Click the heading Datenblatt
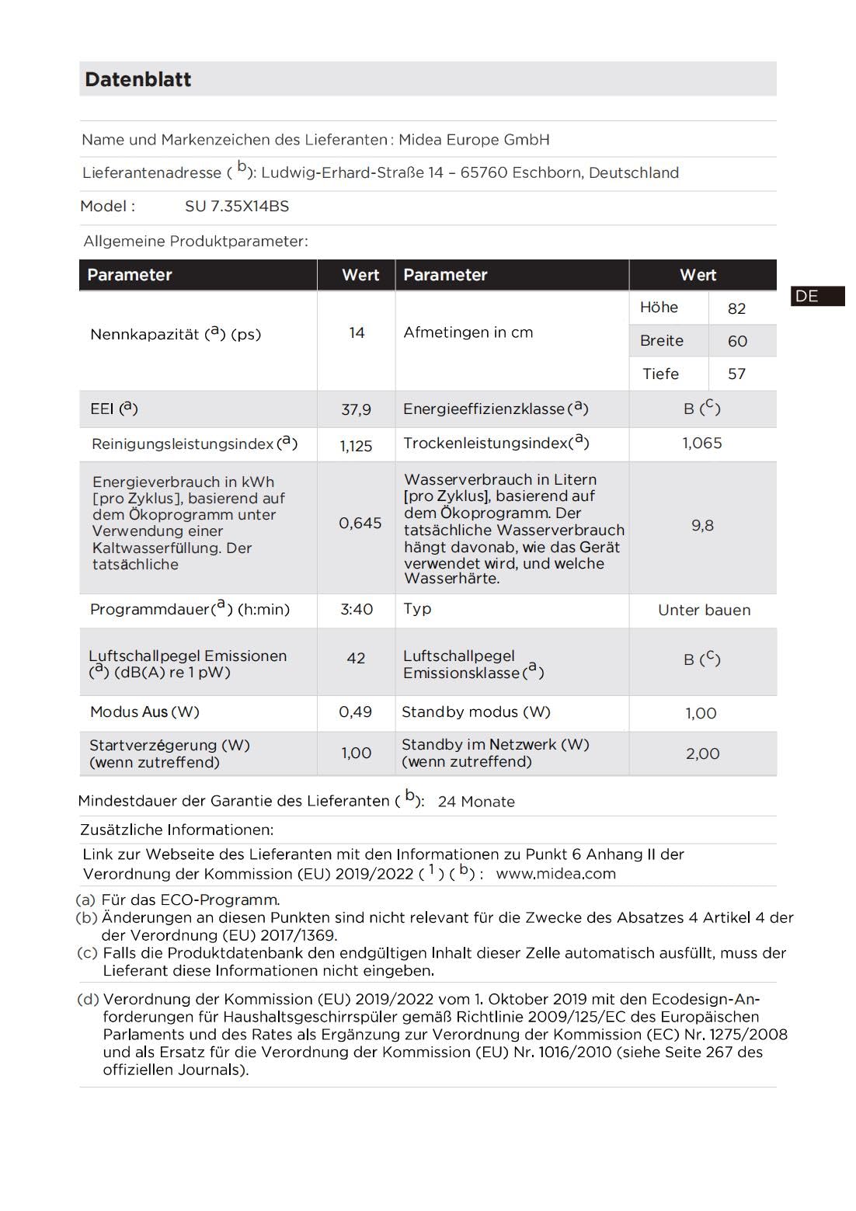coord(138,79)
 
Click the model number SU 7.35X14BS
coord(237,207)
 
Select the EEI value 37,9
coord(356,409)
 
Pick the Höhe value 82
coord(736,308)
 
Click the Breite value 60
coord(737,341)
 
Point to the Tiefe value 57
coord(736,374)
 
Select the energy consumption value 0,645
coord(360,524)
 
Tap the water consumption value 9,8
coord(702,526)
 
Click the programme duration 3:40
coord(357,610)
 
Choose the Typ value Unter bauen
coord(704,611)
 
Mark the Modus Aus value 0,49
coord(355,712)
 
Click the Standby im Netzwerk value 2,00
coord(702,753)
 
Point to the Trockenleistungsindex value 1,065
coord(702,444)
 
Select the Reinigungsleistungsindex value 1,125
coord(356,446)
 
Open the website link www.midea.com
coord(555,874)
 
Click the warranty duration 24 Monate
coord(476,802)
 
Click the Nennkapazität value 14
coord(357,333)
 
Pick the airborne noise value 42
coord(356,659)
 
